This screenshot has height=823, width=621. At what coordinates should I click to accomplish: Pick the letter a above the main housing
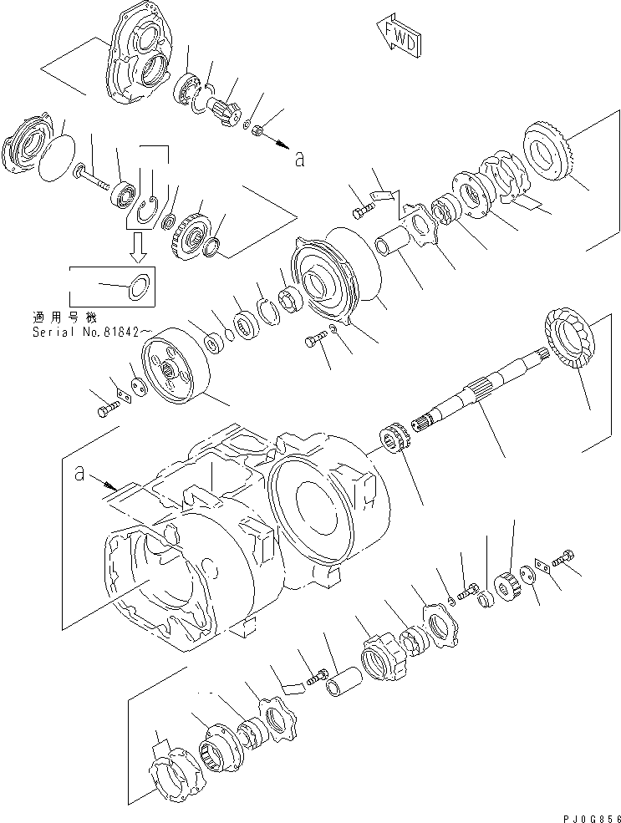pos(79,474)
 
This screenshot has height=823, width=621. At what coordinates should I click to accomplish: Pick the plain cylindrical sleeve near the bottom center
pos(344,673)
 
